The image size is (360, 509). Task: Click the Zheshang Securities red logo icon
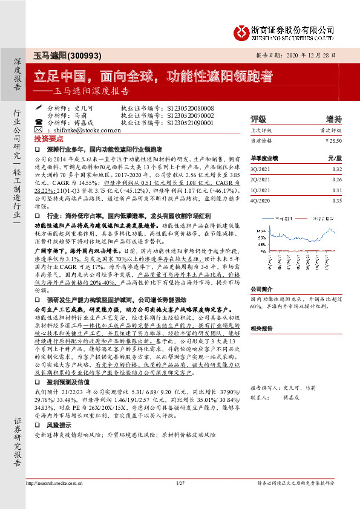[239, 30]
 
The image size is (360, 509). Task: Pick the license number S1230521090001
[189, 122]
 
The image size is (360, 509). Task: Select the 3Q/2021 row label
[260, 170]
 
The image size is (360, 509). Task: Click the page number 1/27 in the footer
[180, 500]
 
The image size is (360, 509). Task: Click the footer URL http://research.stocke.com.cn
[57, 500]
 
